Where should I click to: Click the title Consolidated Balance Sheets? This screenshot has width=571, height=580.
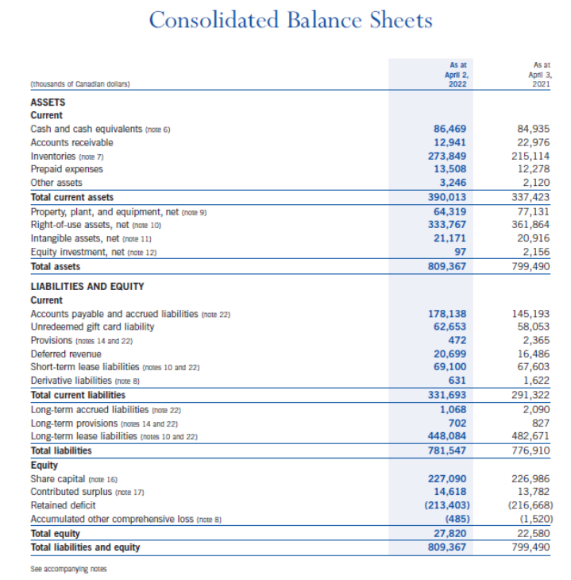click(291, 20)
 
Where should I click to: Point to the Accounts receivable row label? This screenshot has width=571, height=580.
click(71, 142)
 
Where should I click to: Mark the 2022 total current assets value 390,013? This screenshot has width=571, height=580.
click(448, 197)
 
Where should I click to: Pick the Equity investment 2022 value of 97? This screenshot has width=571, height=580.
click(461, 252)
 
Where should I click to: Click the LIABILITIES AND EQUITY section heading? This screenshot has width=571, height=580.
click(87, 286)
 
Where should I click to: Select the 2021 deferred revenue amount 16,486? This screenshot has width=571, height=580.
click(535, 354)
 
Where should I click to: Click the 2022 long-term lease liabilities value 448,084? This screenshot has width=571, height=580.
click(448, 436)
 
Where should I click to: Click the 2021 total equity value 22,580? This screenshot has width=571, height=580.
click(535, 533)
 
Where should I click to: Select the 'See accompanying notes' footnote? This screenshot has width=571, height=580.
click(68, 569)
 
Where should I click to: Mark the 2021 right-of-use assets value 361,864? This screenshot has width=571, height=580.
click(533, 225)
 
